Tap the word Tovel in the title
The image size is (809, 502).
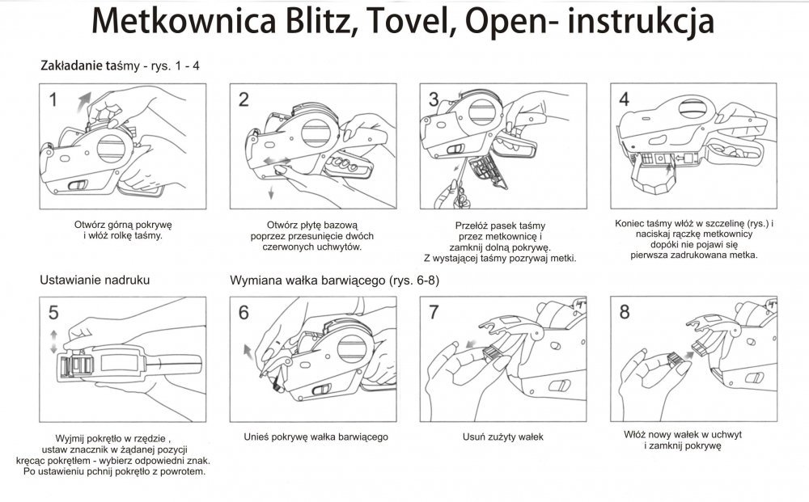tap(413, 23)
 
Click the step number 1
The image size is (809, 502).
tap(53, 100)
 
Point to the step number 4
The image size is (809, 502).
tap(624, 99)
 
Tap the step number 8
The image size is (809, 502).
tap(624, 313)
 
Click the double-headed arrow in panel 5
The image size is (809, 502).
tap(53, 341)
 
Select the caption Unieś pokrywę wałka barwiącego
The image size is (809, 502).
tap(316, 437)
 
